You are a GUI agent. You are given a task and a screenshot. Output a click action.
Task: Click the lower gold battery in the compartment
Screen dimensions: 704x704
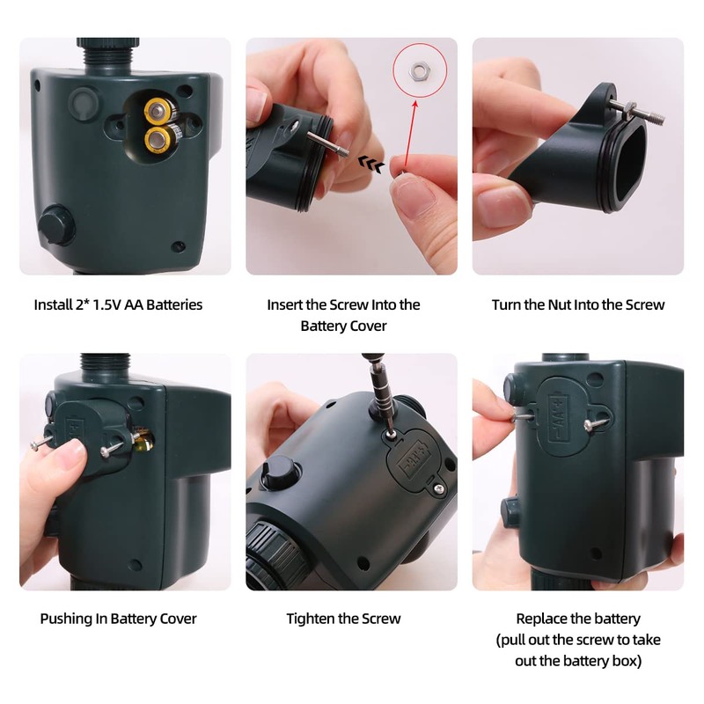click(158, 138)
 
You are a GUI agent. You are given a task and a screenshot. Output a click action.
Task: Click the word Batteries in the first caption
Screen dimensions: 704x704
click(173, 304)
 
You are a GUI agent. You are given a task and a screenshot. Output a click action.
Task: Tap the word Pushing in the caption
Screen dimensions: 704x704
click(67, 619)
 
